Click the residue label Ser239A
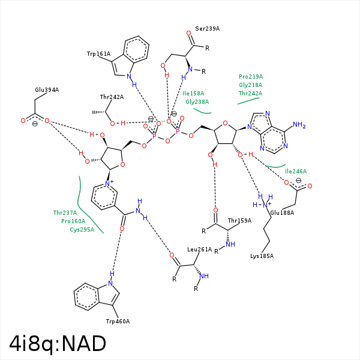coord(208,29)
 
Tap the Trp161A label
coord(99,54)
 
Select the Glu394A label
coord(47,90)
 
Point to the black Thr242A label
coord(112,97)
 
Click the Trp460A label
coord(118,321)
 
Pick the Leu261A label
coord(200,249)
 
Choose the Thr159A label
coord(239,221)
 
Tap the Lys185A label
coord(262,256)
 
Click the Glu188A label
coord(282,213)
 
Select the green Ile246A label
coord(296,172)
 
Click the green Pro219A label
coord(251,77)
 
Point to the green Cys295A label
coord(82,229)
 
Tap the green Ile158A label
coord(193,94)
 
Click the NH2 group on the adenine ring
coord(299,126)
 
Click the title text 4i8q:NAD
coord(58,343)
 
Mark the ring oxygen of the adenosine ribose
coord(224,124)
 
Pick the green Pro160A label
coord(73,221)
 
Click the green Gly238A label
coord(197,102)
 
